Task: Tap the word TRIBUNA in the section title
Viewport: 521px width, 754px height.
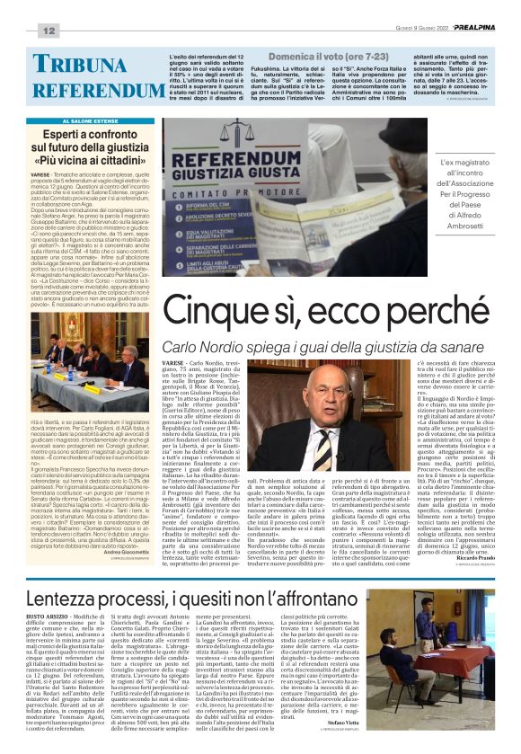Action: click(85, 65)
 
